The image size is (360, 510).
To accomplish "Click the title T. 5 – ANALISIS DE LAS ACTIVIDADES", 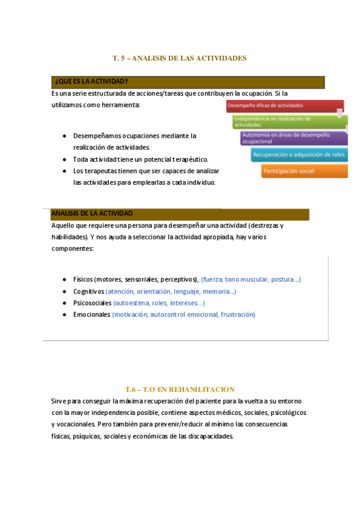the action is click(180, 58).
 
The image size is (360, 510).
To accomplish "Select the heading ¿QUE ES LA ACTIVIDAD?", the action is click(90, 82).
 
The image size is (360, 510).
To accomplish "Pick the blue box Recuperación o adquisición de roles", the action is click(299, 155).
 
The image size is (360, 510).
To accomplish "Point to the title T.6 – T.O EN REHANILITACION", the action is click(180, 390).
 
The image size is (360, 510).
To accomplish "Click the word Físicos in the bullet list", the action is click(83, 280).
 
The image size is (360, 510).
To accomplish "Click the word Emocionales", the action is click(91, 315).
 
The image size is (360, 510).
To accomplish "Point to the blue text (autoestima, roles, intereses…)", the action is click(159, 303).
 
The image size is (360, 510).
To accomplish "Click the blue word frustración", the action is click(238, 315).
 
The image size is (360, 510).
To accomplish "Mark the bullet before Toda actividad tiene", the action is click(64, 159).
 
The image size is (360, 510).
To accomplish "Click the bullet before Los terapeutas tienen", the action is click(64, 171).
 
